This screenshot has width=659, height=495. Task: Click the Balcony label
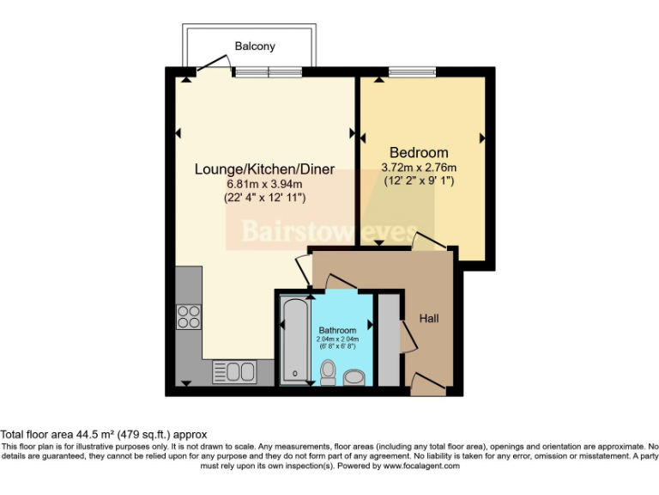255,46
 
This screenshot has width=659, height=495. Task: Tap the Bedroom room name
419,152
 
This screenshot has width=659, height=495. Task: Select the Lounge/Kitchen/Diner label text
263,168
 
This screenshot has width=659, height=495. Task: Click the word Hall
429,319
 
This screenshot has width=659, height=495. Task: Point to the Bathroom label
337,330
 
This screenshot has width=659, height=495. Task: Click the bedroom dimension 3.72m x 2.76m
419,168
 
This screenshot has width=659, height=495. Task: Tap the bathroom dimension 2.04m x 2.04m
337,339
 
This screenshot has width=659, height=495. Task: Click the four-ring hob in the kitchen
189,317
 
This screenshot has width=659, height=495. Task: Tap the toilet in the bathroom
327,371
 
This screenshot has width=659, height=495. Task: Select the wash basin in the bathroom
354,376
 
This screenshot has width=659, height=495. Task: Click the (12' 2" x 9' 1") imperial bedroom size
419,181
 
